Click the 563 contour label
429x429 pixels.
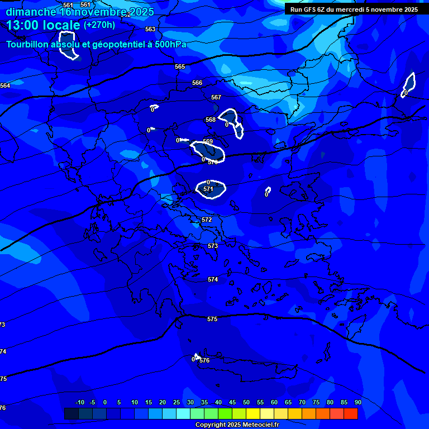150,29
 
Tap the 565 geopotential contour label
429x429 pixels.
179,66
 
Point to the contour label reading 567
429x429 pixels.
216,97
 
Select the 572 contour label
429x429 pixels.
207,220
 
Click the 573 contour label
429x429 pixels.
213,246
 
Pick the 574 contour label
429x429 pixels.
213,279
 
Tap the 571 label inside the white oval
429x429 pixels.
208,189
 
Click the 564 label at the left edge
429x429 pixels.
5,85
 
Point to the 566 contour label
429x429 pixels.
197,83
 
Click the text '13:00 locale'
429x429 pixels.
43,25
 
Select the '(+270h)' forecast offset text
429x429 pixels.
99,25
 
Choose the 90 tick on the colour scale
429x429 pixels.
357,402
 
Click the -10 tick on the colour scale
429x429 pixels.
79,402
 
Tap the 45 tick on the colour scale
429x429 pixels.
232,402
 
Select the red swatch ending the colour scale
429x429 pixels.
351,413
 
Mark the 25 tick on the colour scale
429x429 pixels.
177,402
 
